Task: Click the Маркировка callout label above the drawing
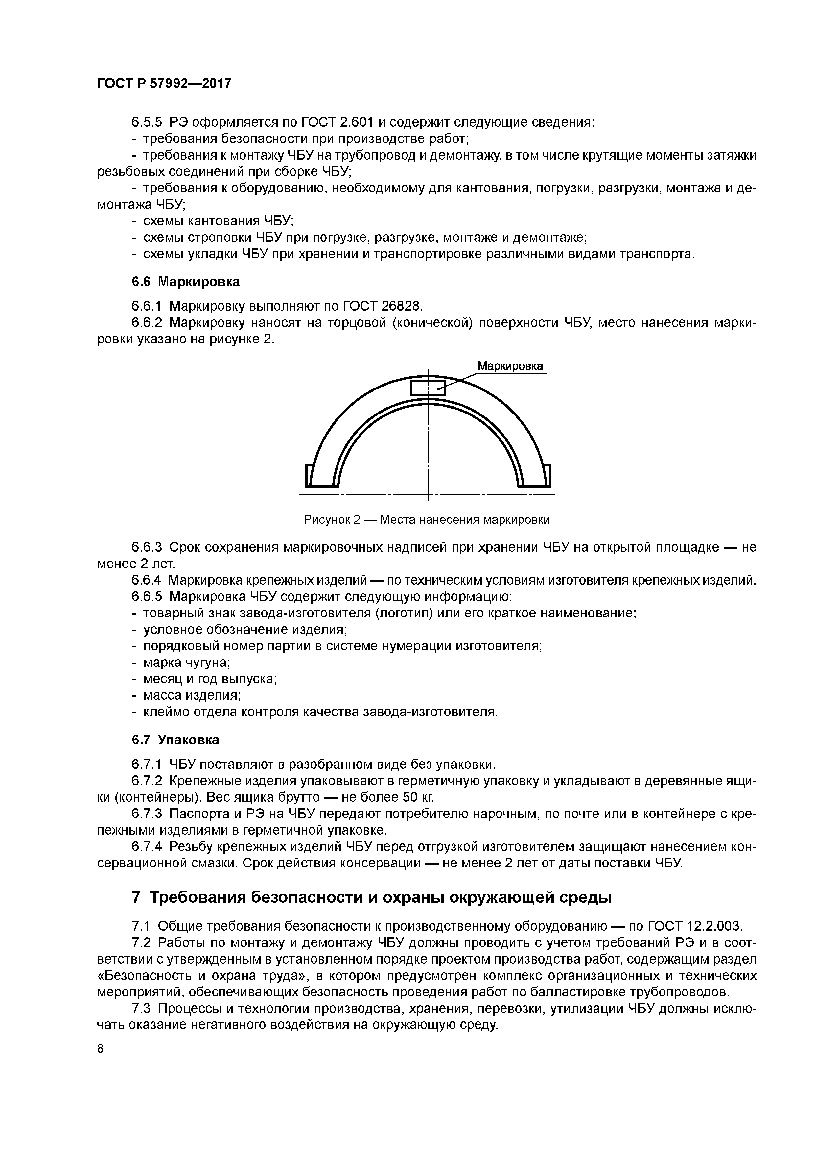510,366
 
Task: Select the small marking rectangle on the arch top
428,388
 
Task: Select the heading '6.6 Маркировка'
185,282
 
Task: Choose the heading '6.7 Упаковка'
175,740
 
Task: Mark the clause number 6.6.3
147,547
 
